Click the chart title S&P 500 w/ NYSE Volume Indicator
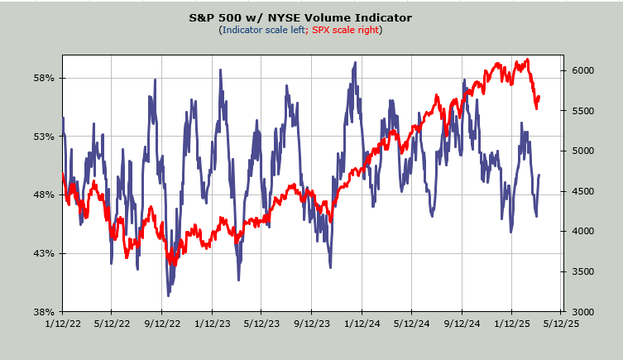(x=311, y=17)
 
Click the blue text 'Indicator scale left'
(x=262, y=30)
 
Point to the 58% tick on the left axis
(x=43, y=79)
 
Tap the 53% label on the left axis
(x=43, y=137)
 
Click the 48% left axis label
(x=43, y=195)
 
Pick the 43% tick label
(x=43, y=253)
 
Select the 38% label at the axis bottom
(x=43, y=312)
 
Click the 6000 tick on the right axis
(x=583, y=70)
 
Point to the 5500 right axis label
(x=583, y=111)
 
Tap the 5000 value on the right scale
(x=583, y=151)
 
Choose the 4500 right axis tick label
(x=583, y=191)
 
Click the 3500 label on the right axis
(x=583, y=271)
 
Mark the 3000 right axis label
(x=583, y=312)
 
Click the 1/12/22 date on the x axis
(x=63, y=324)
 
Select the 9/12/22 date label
(x=161, y=324)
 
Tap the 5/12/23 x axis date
(x=261, y=324)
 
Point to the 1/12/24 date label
(x=361, y=324)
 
